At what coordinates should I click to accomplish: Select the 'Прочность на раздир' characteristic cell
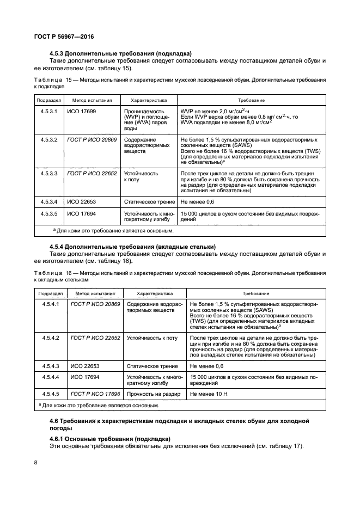[151, 393]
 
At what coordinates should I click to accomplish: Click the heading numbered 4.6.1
[110, 439]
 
